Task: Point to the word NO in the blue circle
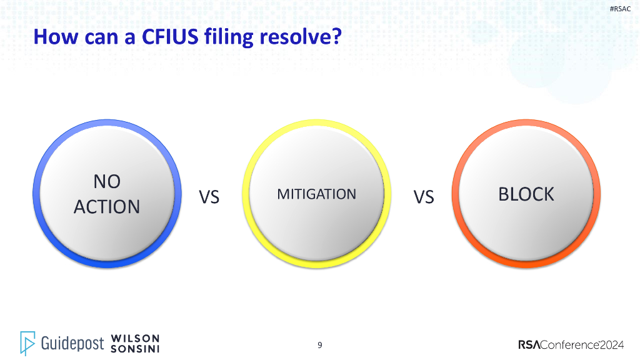[107, 181]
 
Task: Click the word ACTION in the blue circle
[107, 207]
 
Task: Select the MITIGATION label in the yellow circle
[316, 194]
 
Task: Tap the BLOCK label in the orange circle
[526, 194]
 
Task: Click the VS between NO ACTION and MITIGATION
[209, 197]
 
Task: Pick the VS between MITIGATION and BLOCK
[423, 197]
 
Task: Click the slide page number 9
[320, 345]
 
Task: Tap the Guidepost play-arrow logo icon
[27, 342]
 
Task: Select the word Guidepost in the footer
[72, 343]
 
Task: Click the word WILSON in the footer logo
[135, 338]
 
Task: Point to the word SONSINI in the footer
[135, 348]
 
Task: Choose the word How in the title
[52, 36]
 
